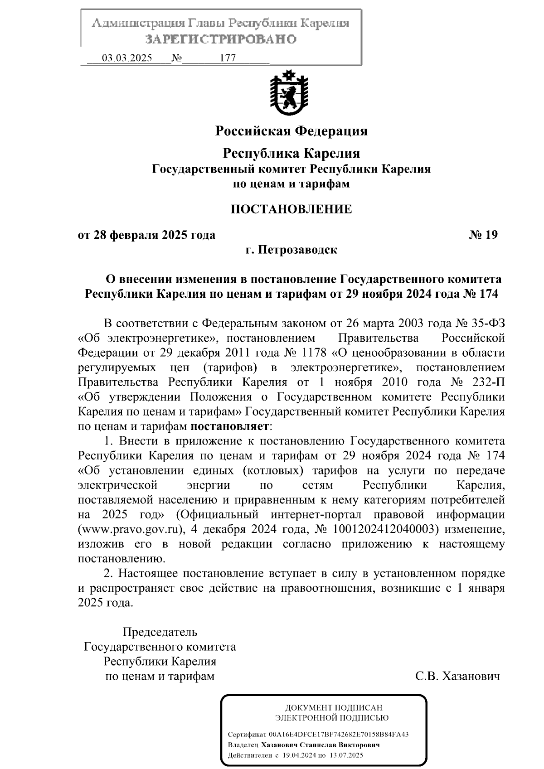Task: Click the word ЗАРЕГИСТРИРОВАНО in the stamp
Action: point(221,39)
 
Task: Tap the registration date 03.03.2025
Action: point(127,58)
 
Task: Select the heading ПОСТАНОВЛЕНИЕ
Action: point(291,209)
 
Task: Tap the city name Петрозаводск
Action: point(298,250)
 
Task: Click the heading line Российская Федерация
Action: point(291,131)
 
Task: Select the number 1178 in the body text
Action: point(312,353)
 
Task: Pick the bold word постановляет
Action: point(229,426)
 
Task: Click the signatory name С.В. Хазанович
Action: point(457,677)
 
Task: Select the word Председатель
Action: point(160,632)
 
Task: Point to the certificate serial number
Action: point(339,735)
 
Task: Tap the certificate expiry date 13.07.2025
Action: point(346,755)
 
